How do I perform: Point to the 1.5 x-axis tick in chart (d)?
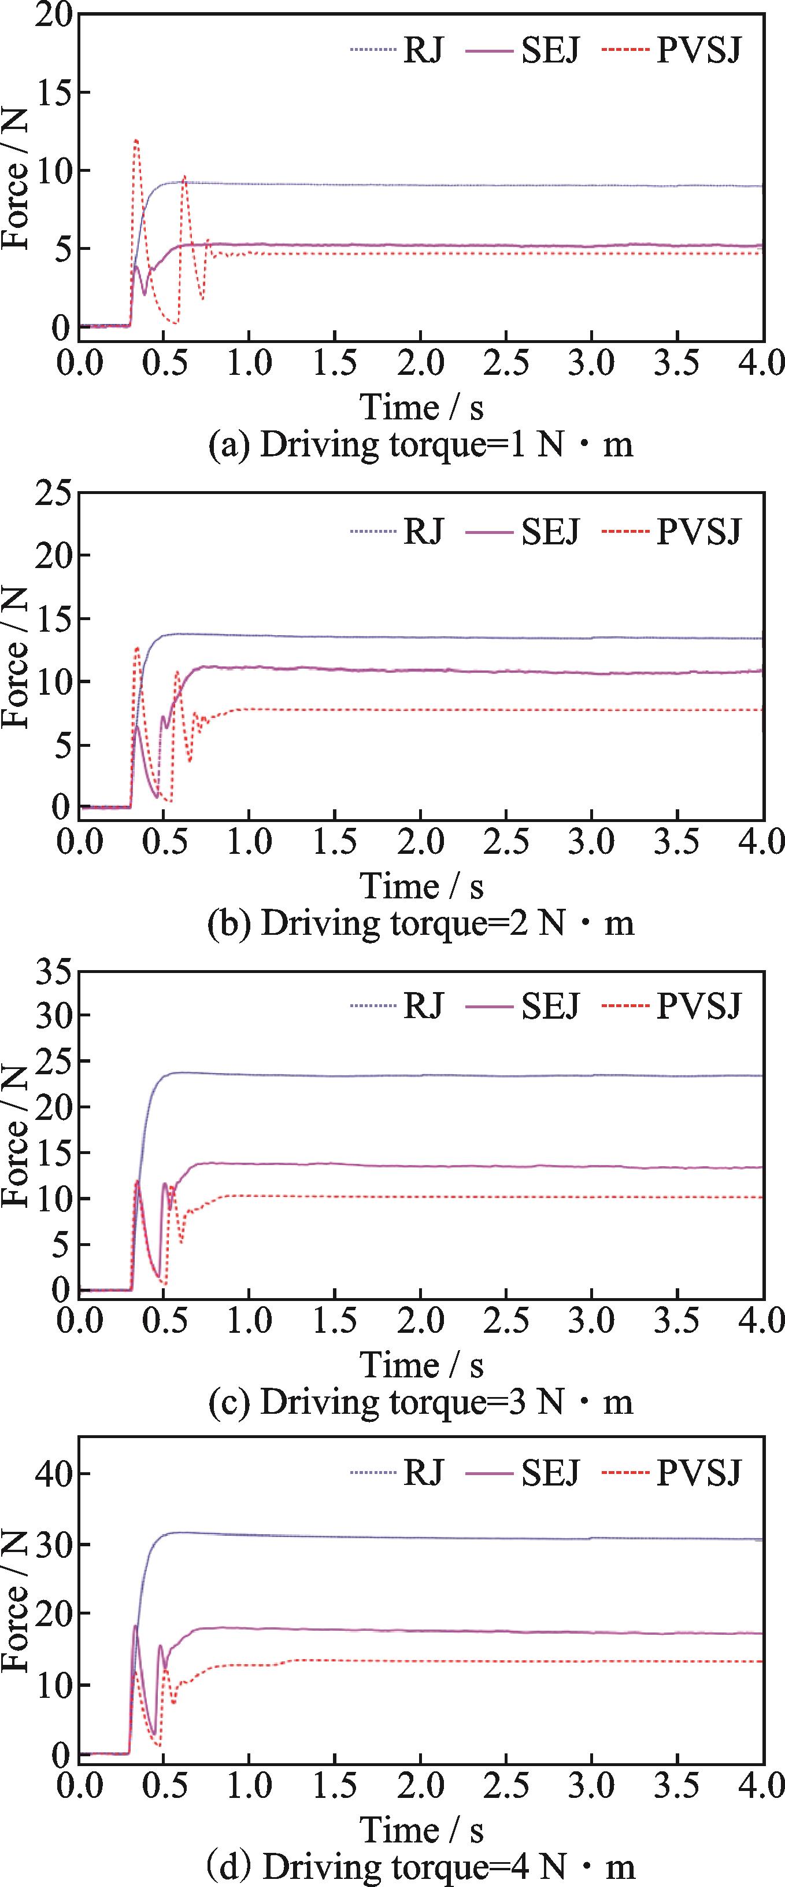click(x=335, y=1786)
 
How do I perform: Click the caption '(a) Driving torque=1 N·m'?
click(x=420, y=445)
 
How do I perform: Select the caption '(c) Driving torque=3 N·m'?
click(x=420, y=1401)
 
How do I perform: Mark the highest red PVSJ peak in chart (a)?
click(x=135, y=140)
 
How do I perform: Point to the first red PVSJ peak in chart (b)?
click(x=137, y=647)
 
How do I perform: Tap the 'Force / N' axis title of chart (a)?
click(x=16, y=179)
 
